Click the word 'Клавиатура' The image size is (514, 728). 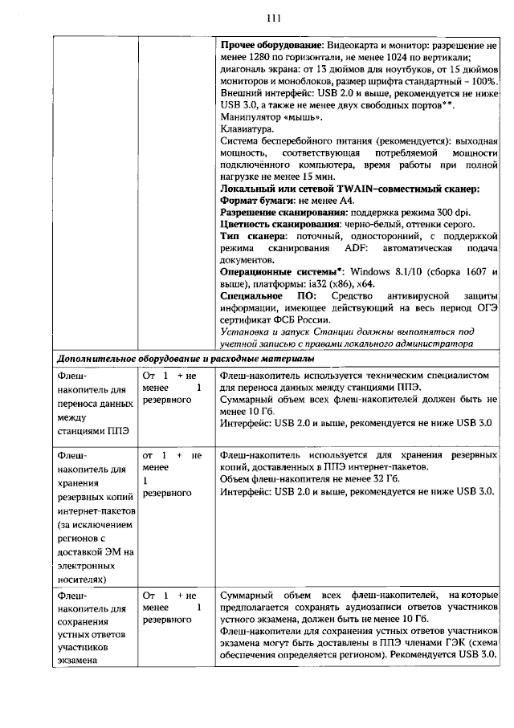245,128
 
